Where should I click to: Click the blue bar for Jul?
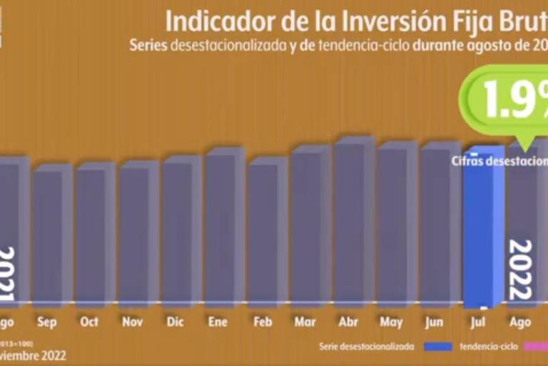click(484, 225)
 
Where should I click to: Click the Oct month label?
click(89, 322)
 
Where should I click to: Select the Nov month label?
click(132, 322)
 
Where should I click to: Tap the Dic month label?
click(175, 322)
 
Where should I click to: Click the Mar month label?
click(305, 322)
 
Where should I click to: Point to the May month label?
click(391, 322)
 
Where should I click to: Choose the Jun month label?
click(434, 322)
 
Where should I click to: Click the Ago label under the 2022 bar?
click(520, 322)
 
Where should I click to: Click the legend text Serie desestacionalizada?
click(366, 347)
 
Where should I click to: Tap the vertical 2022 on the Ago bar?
click(520, 270)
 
